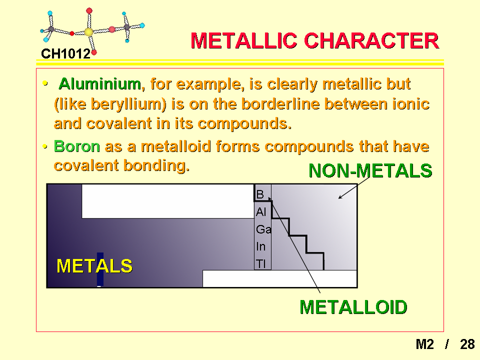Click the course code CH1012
pos(65,54)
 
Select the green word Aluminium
pos(100,83)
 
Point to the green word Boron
pos(77,146)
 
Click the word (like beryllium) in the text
pos(110,104)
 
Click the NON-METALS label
pos(370,170)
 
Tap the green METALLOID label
pos(353,307)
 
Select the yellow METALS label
pos(94,265)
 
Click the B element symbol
pos(260,194)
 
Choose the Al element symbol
pos(261,212)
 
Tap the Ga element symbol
pos(263,229)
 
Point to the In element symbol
pos(261,246)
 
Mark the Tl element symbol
pos(261,263)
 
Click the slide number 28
pos(467,344)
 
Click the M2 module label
pos(424,344)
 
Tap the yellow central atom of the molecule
pos(88,32)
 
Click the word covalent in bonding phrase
pos(86,165)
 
